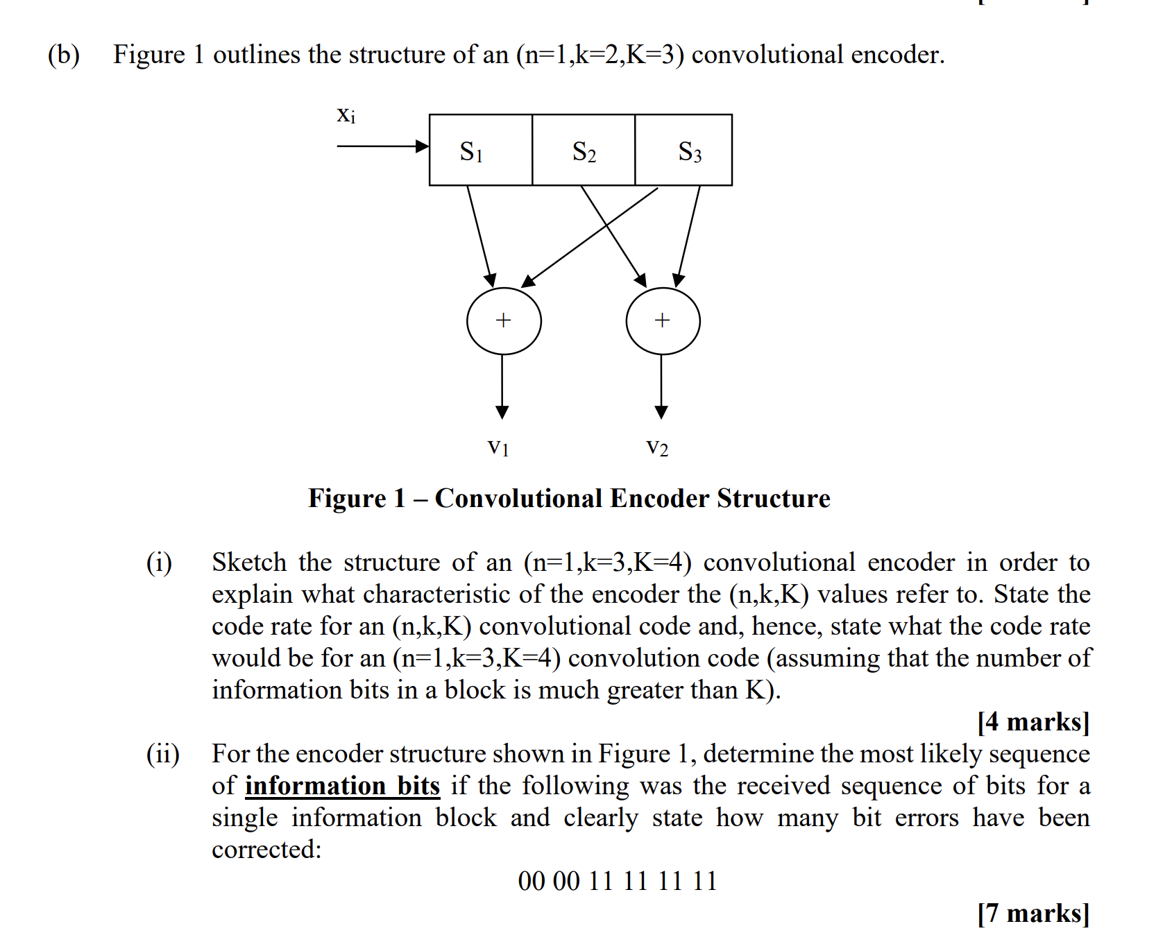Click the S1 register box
click(480, 150)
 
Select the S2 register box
click(584, 150)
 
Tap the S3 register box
click(684, 150)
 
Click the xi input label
click(346, 115)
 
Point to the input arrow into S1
click(382, 146)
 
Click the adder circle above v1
click(504, 321)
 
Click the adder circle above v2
click(663, 321)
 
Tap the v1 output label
click(498, 447)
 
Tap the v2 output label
click(657, 447)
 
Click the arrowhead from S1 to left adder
click(491, 280)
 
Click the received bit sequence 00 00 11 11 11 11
click(617, 881)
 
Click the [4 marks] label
click(1033, 722)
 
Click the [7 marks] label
click(1033, 914)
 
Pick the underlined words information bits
click(342, 786)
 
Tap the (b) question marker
click(63, 55)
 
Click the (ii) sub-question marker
click(163, 754)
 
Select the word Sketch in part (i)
click(249, 563)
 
